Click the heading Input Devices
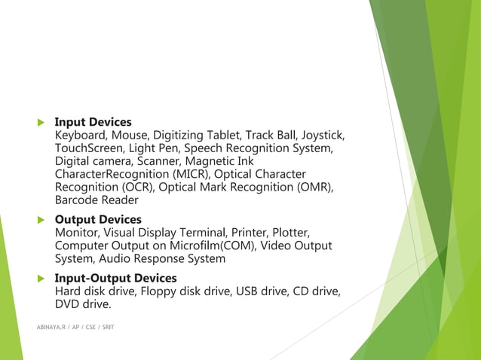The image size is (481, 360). [93, 122]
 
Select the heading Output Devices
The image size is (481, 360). [98, 220]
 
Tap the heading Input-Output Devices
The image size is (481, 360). [116, 279]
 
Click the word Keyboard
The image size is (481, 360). [81, 136]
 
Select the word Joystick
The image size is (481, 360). [323, 136]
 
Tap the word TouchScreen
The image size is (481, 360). [87, 148]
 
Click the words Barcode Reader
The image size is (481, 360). [97, 200]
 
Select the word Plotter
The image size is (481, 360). [287, 233]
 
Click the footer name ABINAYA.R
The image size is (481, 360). [51, 328]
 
